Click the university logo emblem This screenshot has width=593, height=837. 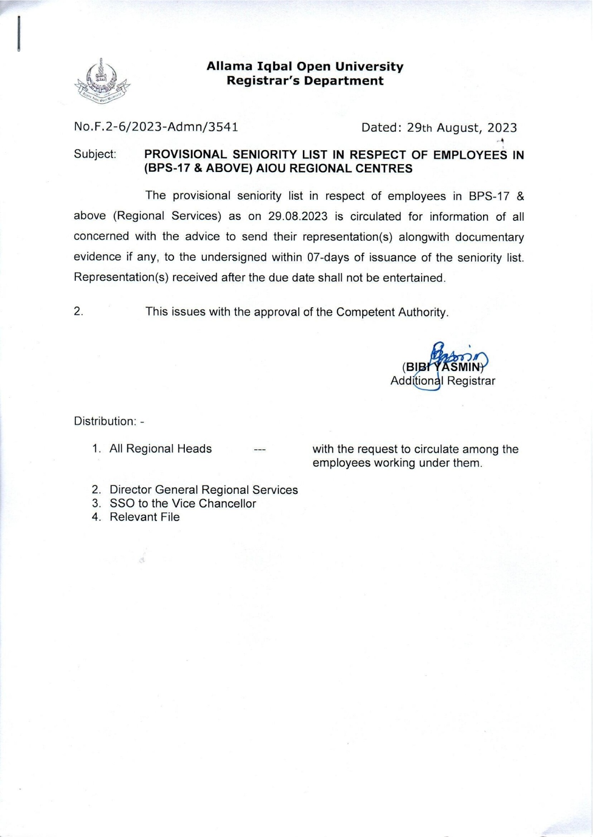click(102, 82)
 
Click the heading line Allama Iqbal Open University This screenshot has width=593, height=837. click(305, 66)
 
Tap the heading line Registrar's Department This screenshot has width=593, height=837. click(305, 81)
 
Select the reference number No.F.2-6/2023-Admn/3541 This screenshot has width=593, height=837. click(156, 127)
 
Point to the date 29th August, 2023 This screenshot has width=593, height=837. click(462, 128)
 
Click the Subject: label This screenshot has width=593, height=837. click(95, 154)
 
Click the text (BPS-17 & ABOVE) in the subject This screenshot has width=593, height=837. click(198, 168)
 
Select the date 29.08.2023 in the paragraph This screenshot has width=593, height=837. click(298, 217)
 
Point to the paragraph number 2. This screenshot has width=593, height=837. click(78, 312)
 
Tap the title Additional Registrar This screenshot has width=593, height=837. click(443, 381)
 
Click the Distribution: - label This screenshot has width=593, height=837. click(109, 421)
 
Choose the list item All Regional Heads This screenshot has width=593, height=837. click(161, 449)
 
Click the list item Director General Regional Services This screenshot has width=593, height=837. click(203, 490)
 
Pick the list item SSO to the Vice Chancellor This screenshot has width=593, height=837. click(182, 503)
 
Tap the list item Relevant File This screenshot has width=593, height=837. click(144, 517)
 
